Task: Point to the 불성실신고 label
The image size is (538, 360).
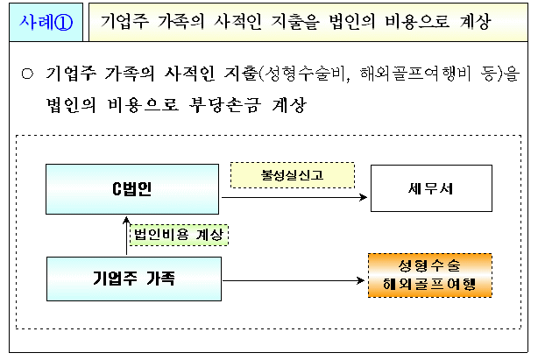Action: tap(292, 175)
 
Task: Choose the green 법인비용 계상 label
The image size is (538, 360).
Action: tap(178, 234)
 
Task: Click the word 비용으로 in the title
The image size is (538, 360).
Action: tap(421, 21)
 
